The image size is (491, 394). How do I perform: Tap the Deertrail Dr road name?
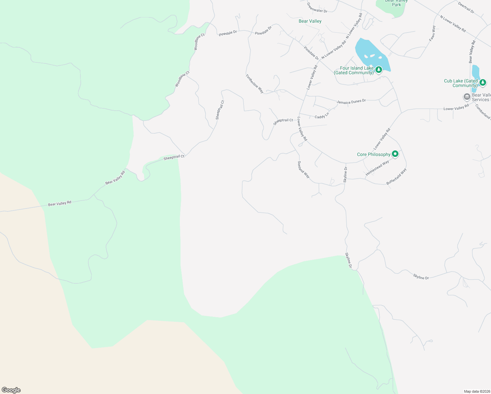point(466,7)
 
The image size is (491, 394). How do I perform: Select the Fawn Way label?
point(432,33)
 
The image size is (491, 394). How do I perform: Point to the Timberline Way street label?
point(255,84)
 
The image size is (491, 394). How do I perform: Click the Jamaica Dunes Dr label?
point(351,102)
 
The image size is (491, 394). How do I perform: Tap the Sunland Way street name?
point(304,169)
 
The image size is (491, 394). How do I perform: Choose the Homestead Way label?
point(377,168)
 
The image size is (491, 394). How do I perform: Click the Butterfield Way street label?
point(396,177)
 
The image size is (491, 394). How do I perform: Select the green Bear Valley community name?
point(310,21)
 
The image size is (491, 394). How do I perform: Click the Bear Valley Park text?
point(396,3)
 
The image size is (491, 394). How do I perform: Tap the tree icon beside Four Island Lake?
point(379,70)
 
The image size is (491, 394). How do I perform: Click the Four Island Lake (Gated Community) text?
point(353,71)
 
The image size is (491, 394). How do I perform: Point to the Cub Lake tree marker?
point(482,82)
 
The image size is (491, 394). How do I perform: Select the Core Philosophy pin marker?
point(395,154)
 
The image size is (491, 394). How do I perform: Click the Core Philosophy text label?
point(374,154)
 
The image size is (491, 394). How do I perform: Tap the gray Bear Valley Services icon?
point(467,97)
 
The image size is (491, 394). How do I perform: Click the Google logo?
point(11,390)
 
